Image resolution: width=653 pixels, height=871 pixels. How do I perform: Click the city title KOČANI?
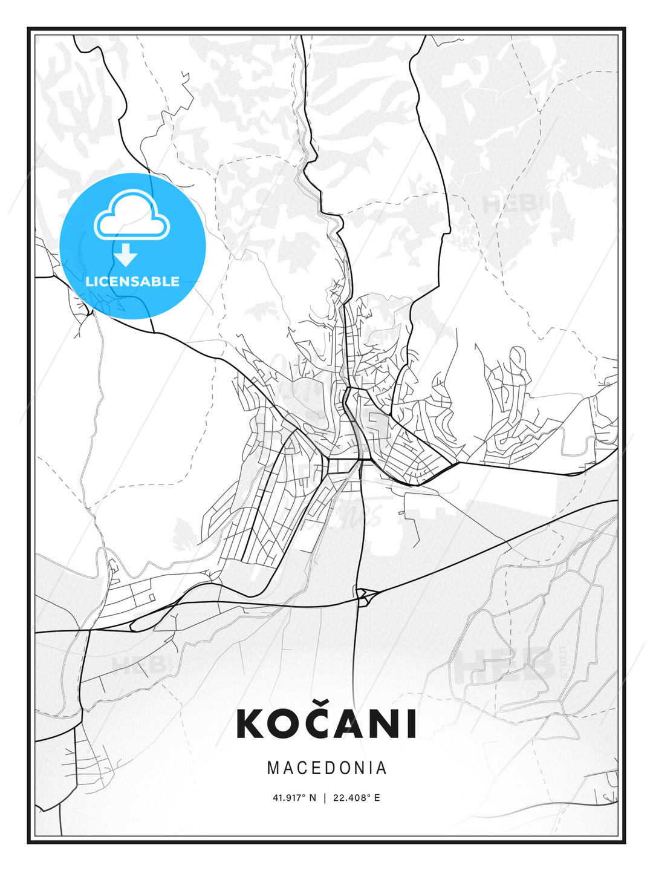coord(326,723)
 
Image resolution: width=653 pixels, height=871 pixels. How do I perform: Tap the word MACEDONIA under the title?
coord(326,768)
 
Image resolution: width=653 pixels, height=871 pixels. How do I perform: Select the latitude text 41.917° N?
coord(294,798)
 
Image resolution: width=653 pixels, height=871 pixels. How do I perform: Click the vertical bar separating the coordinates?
coord(325,798)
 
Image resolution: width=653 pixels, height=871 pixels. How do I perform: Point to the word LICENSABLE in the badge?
coord(132,281)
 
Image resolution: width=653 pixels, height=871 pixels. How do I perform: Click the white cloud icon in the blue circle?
coord(132,216)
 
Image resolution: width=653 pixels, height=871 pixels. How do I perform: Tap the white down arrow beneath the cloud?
coord(126,256)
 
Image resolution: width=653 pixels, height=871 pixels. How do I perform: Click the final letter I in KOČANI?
coord(412,724)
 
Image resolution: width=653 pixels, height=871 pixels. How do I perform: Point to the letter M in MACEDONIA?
coord(273,768)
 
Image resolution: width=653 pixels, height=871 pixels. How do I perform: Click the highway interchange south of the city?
coord(365,596)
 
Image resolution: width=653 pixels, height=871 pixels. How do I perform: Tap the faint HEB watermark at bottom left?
coord(138,664)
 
